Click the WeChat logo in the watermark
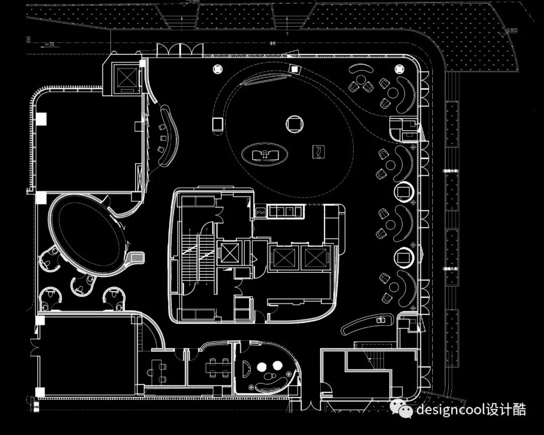click(405, 410)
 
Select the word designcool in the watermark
click(450, 410)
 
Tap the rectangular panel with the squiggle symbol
click(319, 152)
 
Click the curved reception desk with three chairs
click(168, 135)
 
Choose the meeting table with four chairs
click(219, 367)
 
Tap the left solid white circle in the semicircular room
click(263, 367)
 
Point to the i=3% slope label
click(49, 44)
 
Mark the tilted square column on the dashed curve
click(293, 69)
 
